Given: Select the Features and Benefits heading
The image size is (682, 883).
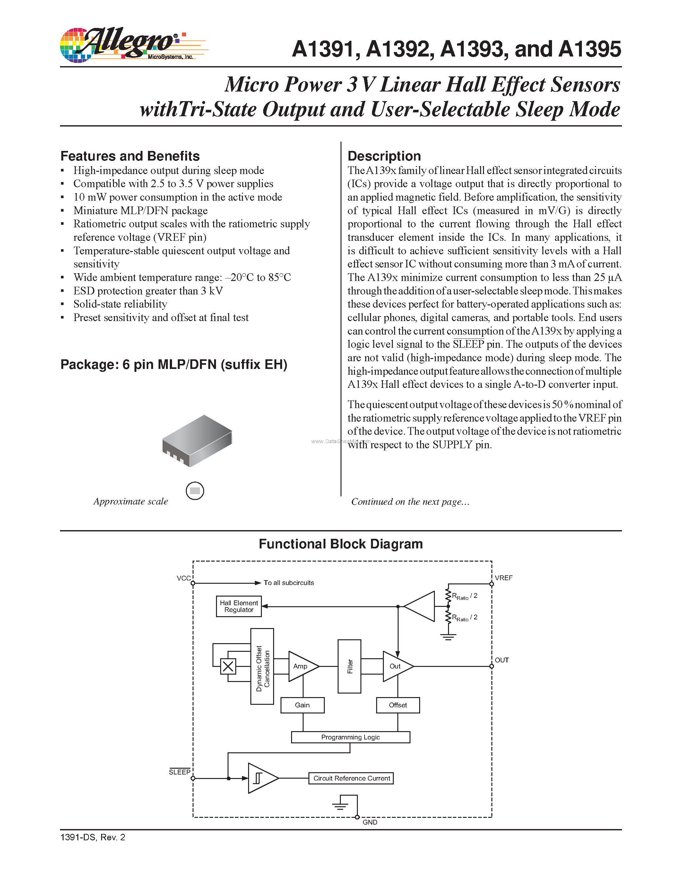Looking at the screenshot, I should pos(130,156).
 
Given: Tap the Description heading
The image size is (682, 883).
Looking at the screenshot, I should pos(384,156).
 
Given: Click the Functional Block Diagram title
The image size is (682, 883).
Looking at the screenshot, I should pos(341,544).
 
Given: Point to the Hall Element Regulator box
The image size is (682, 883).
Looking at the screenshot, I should pos(239,606).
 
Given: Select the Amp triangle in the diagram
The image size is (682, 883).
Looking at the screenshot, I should pos(301,666).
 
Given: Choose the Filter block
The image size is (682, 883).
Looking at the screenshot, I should pos(350,666).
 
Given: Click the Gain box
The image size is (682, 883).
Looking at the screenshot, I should pos(302,705).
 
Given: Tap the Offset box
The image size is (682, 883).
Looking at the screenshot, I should pos(398,705).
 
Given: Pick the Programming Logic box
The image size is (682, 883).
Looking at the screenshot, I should pos(350,737).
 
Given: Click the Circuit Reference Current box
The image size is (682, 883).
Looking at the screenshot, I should pos(351,778).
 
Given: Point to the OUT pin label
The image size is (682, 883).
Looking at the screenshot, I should pos(502,660).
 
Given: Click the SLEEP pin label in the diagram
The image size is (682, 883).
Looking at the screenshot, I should pos(179,772).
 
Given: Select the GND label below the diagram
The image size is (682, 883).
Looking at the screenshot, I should pos(370,822).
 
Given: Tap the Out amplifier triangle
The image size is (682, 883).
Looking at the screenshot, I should pos(396,666).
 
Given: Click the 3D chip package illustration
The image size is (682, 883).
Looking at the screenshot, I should pos(197,441).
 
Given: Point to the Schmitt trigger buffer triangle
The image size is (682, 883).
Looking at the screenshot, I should pos(261,778).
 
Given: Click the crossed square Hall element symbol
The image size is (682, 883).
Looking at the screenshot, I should pos(228,666).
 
